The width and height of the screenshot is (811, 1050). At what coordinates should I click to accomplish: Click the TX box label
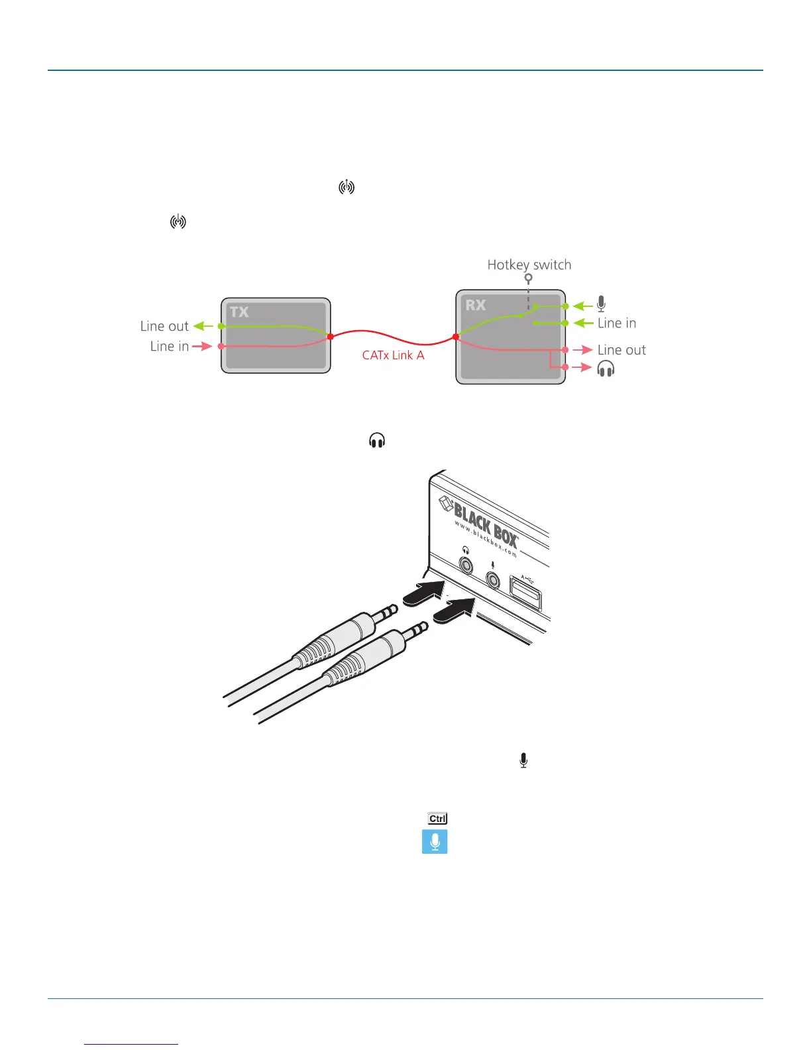point(239,312)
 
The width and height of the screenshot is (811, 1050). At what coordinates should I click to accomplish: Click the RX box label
point(475,306)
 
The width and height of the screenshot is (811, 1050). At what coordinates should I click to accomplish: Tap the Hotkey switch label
point(529,265)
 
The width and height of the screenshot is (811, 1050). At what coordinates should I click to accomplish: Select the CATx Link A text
point(393,355)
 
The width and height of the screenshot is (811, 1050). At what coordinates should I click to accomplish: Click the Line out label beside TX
point(164,326)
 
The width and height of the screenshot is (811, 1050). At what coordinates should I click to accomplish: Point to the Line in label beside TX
point(170,346)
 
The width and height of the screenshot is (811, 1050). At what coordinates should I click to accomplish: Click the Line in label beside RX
point(616,323)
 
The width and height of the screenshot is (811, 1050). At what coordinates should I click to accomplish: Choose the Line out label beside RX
point(621,350)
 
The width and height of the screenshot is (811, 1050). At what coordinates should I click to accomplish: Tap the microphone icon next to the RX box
point(601,304)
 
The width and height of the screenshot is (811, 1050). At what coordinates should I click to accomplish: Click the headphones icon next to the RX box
point(606,369)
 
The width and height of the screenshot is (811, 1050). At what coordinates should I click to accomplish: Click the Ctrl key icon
point(437,819)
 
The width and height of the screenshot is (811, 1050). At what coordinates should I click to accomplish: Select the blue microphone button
point(435,842)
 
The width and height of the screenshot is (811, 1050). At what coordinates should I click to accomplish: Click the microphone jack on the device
point(493,579)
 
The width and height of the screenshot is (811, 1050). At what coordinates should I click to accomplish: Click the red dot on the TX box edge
point(330,337)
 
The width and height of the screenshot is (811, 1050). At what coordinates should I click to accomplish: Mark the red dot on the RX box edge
point(456,337)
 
